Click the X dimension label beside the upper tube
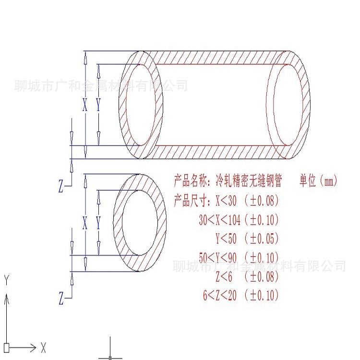coord(85,105)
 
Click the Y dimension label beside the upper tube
coord(98,105)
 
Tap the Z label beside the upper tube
coord(61,187)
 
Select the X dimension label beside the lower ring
coord(85,223)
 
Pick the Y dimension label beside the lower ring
coord(98,223)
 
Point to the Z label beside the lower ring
coord(61,300)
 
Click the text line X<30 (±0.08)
coord(247,200)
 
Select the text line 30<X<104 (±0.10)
coord(239,220)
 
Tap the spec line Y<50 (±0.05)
coord(247,239)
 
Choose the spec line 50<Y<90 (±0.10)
coord(239,258)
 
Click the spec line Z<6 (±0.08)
coord(247,276)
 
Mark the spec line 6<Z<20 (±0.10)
coord(240,296)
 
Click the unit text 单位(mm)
coord(319,181)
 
